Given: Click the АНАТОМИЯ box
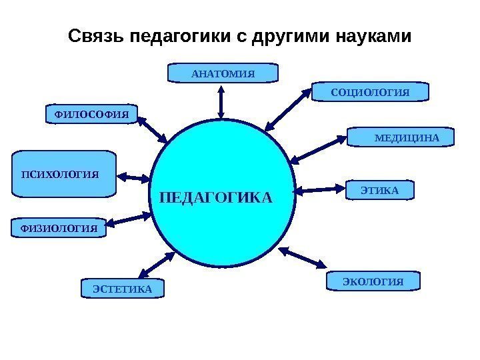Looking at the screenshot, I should coord(223,73).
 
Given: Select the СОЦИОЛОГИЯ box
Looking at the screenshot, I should coord(370,91).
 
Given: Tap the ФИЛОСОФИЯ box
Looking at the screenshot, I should coord(91,115).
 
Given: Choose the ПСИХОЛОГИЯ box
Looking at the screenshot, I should coord(64,175).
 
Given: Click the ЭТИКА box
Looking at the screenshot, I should coord(379,191).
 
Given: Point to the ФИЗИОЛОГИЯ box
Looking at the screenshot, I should coord(59,227).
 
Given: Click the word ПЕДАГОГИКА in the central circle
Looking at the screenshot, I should coord(217,198).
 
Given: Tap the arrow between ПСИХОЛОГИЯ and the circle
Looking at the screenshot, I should coord(135,178).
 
